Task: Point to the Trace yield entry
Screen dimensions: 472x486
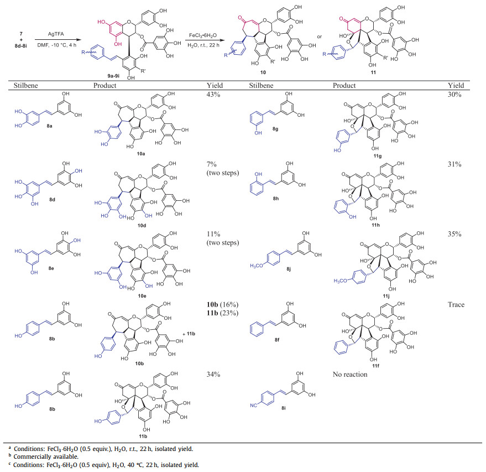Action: tap(457, 305)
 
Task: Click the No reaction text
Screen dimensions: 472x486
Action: tap(350, 375)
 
